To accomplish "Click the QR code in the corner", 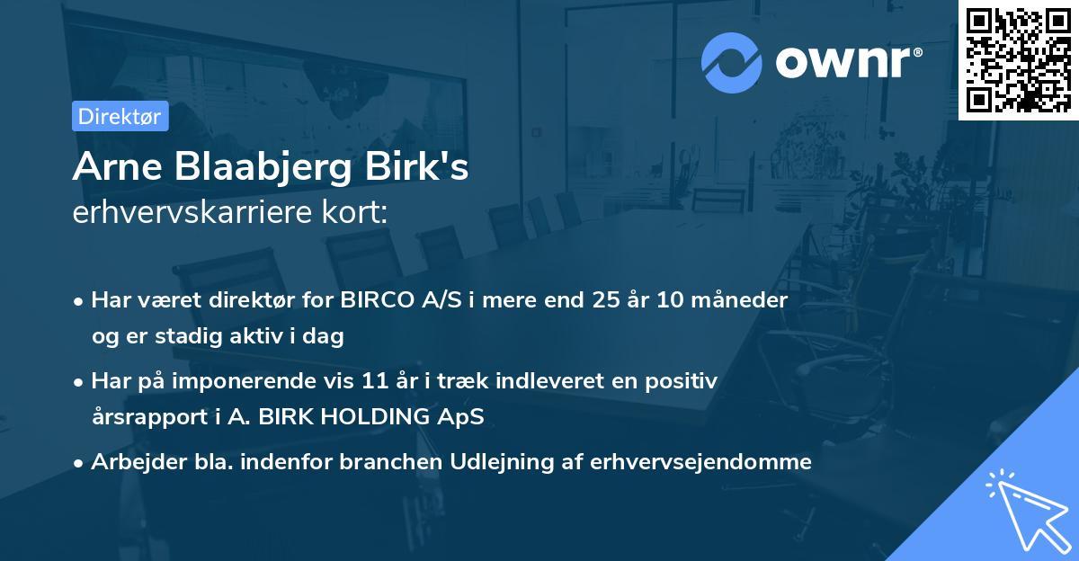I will tap(1018, 60).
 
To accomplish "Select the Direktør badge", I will tap(120, 116).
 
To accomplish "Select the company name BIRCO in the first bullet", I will tap(377, 300).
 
